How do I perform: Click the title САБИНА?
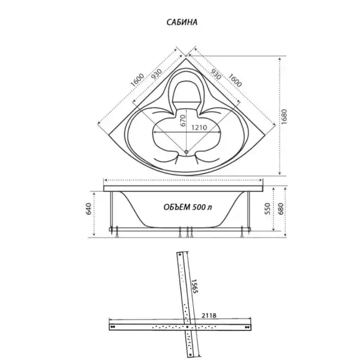pos(182,22)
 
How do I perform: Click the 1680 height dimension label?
pos(284,117)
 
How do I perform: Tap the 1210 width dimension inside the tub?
pos(199,127)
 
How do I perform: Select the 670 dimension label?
pos(183,121)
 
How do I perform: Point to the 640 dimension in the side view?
pos(88,209)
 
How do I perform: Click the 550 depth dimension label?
pos(268,209)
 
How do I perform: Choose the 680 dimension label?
pos(281,209)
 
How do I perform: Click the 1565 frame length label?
pos(194,286)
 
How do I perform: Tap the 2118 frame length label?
pos(209,316)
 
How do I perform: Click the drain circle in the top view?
pos(186,152)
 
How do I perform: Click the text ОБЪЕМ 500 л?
pos(188,207)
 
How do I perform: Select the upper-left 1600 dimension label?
pos(137,80)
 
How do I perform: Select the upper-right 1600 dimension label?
pos(235,80)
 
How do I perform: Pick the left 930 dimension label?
pos(157,74)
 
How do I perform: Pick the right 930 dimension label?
pos(215,74)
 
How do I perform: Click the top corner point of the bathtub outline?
pos(186,59)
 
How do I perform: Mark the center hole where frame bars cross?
pos(187,326)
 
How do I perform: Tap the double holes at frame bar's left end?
pos(112,327)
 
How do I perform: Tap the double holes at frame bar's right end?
pos(247,327)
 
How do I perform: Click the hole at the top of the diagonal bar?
pos(180,254)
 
